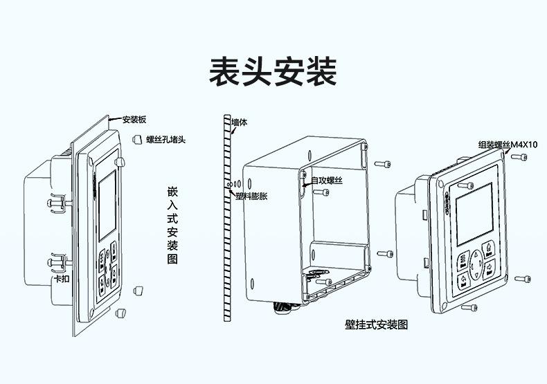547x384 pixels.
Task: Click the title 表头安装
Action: pos(273,71)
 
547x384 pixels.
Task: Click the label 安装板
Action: pos(134,119)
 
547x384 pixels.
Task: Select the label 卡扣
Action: pos(62,279)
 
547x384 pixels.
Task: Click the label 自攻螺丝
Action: pos(326,181)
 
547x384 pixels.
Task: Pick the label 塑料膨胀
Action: pos(252,196)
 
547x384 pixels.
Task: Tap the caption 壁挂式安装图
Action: pos(376,324)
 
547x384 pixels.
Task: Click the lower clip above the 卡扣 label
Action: pos(58,263)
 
